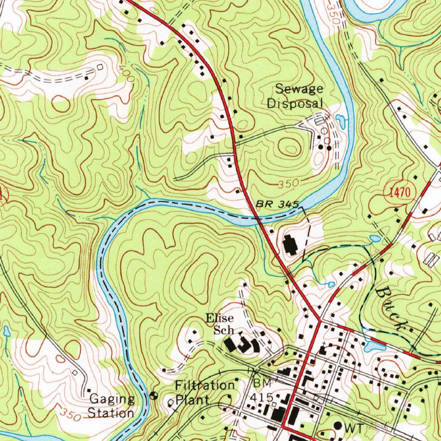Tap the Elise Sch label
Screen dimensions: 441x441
click(220, 324)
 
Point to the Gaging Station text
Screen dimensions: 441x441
click(111, 406)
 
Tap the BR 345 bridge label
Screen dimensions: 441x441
click(277, 204)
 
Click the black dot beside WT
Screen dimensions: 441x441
click(338, 425)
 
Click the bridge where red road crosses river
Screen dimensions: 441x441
click(258, 219)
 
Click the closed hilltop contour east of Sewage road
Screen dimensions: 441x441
click(290, 148)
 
